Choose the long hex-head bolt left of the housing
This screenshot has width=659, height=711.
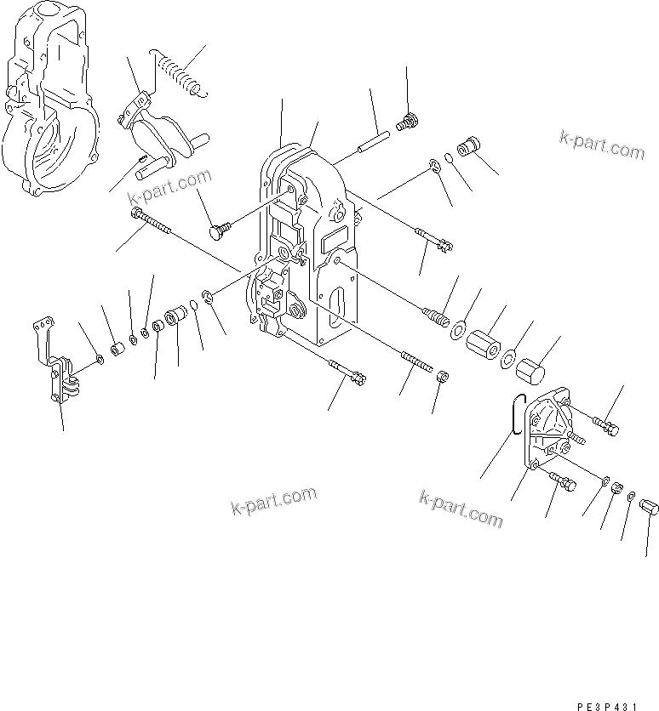[x=152, y=223]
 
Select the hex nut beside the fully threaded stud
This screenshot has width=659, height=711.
[x=442, y=376]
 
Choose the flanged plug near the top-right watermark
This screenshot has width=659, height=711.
[x=466, y=145]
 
